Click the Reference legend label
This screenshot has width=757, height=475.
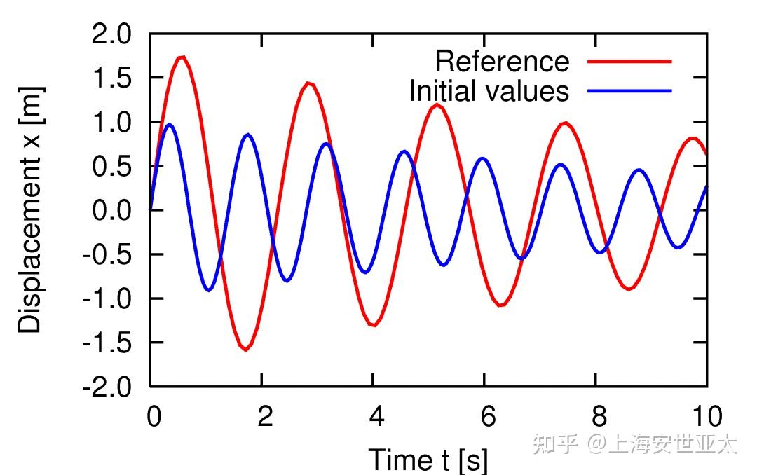tap(502, 62)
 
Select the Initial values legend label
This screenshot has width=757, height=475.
tap(489, 91)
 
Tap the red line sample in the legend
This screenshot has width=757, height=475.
tap(629, 62)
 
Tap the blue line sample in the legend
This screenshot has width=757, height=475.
tap(629, 91)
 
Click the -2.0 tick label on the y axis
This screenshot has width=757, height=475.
tap(107, 387)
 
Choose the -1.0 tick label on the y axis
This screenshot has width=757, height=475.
tap(107, 298)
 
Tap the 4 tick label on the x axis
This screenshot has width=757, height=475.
tap(376, 417)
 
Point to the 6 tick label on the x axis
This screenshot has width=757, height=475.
tap(487, 417)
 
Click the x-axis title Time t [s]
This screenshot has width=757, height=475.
tap(428, 460)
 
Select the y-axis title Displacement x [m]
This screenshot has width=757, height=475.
tap(31, 210)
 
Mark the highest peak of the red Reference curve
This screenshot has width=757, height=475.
tap(182, 57)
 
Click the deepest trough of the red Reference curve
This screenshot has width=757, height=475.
tap(245, 349)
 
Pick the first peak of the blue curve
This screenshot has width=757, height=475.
tap(169, 125)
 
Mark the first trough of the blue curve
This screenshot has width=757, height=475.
tap(209, 289)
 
